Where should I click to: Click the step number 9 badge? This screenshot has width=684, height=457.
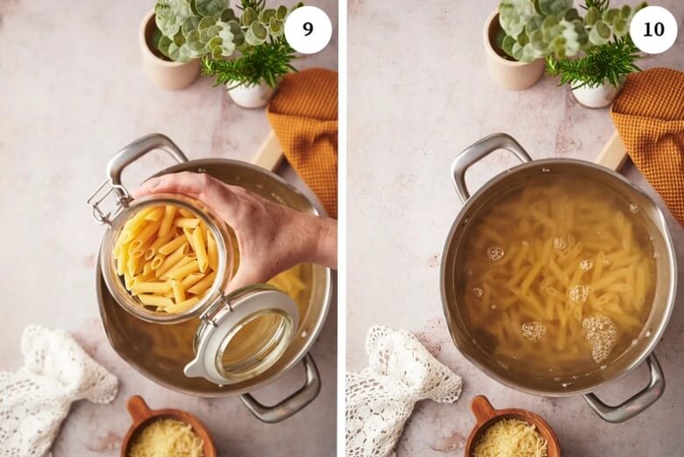pyautogui.click(x=308, y=30)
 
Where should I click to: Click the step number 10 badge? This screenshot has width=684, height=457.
pyautogui.click(x=653, y=30)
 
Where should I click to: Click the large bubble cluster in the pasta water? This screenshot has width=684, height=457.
pyautogui.click(x=601, y=335)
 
